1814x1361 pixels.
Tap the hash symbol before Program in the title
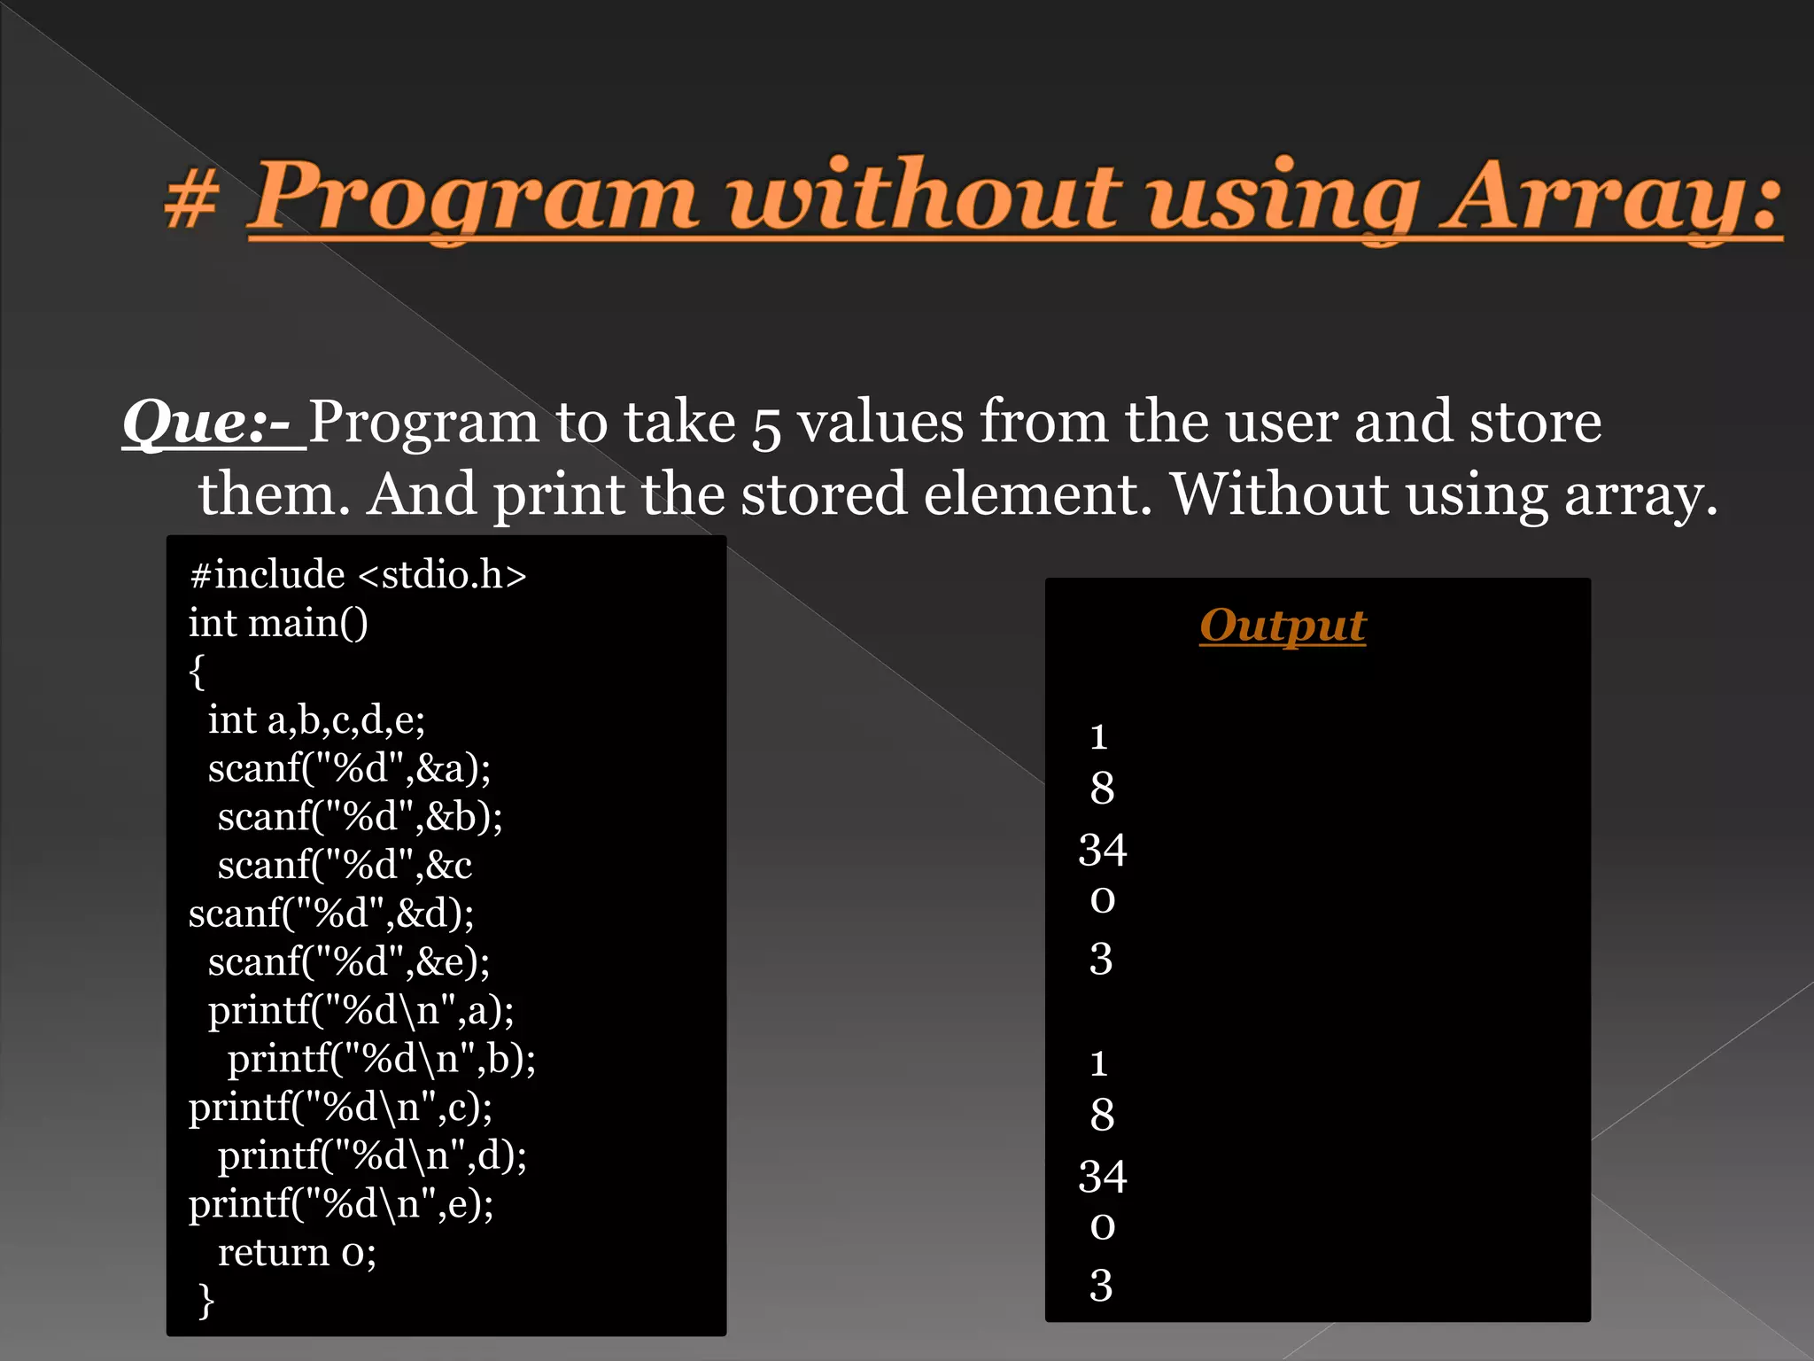(191, 200)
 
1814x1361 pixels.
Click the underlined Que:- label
(213, 423)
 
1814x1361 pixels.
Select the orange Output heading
(1282, 626)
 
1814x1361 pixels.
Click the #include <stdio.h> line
(358, 575)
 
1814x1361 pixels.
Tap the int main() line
(278, 623)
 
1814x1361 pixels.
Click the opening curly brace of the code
(197, 672)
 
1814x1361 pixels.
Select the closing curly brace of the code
(205, 1301)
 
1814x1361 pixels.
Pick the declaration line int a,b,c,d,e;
(316, 720)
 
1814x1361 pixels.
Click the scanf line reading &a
(349, 768)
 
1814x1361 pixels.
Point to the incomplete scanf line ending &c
(345, 865)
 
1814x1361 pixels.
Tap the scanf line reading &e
(349, 961)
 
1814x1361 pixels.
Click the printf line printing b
(381, 1059)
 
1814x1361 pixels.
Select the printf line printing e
(341, 1204)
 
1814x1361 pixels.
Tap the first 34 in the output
(1102, 851)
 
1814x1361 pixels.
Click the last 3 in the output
(1100, 1286)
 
